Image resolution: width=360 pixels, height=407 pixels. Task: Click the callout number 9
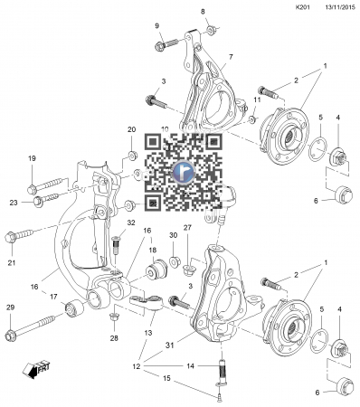click(156, 26)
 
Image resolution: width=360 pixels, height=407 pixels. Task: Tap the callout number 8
click(203, 12)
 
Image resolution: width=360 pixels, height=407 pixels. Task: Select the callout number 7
click(231, 57)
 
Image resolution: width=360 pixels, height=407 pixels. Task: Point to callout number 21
click(12, 262)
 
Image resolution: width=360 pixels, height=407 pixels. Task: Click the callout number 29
click(11, 308)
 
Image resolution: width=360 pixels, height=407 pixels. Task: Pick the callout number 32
click(131, 222)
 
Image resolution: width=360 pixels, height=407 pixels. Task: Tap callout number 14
click(190, 366)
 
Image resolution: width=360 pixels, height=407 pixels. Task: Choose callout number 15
click(166, 378)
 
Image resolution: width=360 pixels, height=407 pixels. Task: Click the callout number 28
click(114, 338)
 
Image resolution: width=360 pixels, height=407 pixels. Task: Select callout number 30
click(173, 235)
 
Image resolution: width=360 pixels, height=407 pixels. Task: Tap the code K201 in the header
click(303, 6)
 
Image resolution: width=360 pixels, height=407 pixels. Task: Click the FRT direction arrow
click(36, 369)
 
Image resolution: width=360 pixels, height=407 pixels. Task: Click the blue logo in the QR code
click(184, 172)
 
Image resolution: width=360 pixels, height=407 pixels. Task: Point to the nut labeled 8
click(212, 30)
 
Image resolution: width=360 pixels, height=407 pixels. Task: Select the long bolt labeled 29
click(31, 327)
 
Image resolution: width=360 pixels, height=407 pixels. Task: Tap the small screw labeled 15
click(220, 398)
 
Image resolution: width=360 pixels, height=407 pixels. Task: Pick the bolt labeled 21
click(19, 235)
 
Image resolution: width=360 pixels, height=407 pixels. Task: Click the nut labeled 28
click(114, 317)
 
